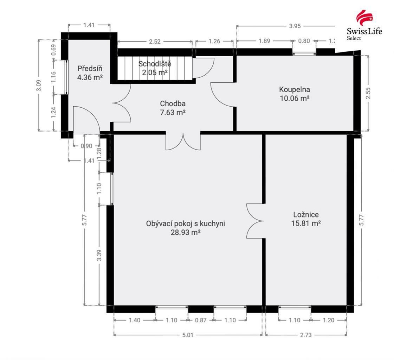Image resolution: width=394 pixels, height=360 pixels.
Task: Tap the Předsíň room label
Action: coord(90,68)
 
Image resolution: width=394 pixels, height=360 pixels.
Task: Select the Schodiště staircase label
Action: coord(155,64)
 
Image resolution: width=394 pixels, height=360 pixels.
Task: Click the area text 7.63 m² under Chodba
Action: coord(173,113)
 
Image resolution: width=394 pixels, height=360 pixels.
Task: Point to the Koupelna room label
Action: coord(294,89)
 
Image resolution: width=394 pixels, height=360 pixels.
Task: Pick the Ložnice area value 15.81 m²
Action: coord(305,223)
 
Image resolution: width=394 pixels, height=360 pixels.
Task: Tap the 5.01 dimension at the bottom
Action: coord(188,335)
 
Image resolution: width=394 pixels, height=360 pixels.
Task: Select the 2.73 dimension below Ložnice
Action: coord(305,335)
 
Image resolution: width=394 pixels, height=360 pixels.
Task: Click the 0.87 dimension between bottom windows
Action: coord(200,320)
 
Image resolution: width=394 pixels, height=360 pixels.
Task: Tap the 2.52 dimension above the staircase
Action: coord(155,42)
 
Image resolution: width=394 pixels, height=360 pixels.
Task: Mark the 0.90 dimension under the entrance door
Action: coord(86,146)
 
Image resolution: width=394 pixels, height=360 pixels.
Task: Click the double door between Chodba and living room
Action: coord(183,141)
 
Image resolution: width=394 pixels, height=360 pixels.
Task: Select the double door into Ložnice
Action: coord(255,221)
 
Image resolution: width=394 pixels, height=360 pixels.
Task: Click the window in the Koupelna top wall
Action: coord(304,53)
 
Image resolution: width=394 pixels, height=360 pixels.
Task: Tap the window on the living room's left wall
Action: coord(111,189)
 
